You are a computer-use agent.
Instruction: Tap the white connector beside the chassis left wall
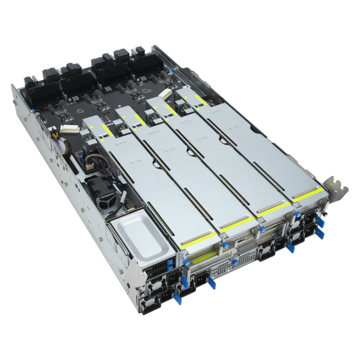click(69, 130)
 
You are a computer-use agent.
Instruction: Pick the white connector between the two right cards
click(165, 94)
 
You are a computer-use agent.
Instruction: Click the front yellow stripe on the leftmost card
click(195, 239)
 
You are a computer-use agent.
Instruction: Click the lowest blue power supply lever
click(177, 298)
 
